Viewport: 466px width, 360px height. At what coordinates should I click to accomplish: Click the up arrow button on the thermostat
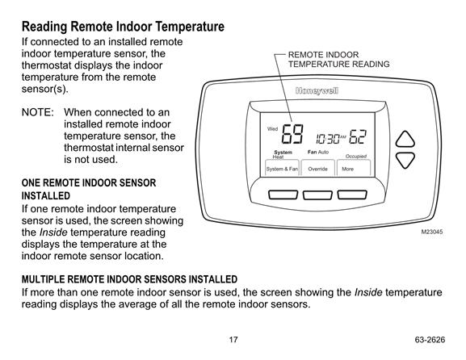[405, 140]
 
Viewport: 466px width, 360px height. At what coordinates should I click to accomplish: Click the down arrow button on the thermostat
[405, 160]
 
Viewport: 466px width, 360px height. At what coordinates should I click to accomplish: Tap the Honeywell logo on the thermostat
[317, 91]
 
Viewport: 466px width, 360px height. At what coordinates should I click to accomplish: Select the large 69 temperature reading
[292, 134]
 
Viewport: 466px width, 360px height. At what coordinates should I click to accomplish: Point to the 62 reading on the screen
[358, 137]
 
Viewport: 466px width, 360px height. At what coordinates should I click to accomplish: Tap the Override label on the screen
[317, 169]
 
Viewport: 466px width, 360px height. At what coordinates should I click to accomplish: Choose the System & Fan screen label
[282, 169]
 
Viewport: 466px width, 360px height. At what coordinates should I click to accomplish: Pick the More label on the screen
[347, 169]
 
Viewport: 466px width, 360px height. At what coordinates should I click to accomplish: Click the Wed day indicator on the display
[272, 129]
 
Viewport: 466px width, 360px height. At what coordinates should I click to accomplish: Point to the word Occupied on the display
[356, 157]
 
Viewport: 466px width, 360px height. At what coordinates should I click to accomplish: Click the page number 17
[233, 340]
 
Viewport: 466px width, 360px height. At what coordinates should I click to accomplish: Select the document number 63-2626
[430, 340]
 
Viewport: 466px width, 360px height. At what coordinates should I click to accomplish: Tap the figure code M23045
[432, 232]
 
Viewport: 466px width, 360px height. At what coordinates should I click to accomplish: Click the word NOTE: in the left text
[38, 112]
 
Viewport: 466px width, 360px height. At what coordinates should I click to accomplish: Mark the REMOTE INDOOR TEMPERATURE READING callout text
[339, 60]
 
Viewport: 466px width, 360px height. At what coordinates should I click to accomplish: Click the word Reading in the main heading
[44, 27]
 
